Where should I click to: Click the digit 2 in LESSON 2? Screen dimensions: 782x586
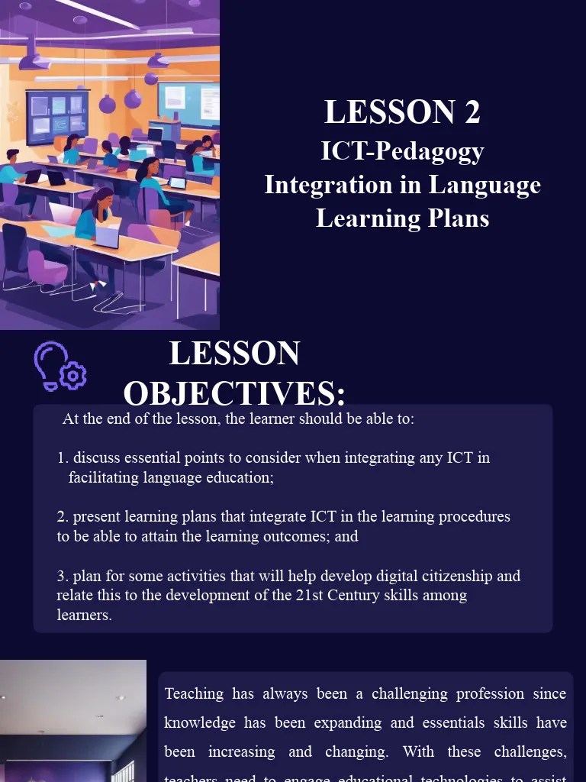click(x=472, y=112)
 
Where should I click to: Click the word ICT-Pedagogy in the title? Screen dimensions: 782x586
click(x=402, y=150)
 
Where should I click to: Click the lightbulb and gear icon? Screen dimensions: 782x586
click(x=60, y=367)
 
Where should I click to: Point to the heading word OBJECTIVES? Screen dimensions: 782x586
click(x=234, y=393)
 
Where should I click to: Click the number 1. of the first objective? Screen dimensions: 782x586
click(x=63, y=458)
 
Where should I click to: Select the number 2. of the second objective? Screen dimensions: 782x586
click(x=63, y=517)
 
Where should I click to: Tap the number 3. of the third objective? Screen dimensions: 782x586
click(x=63, y=576)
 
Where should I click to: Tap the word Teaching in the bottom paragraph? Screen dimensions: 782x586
click(x=194, y=693)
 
